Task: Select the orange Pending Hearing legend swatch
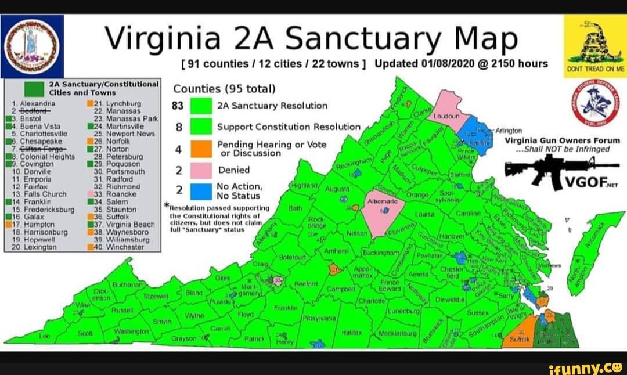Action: coord(201,149)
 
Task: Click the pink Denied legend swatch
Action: coord(201,171)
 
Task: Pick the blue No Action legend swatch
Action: coord(201,191)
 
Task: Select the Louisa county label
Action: coord(427,214)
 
